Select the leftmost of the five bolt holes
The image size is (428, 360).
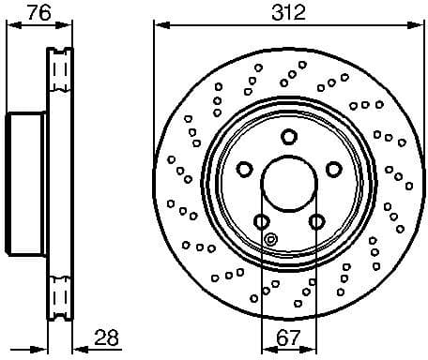pyautogui.click(x=244, y=169)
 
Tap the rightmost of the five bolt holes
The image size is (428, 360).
pyautogui.click(x=331, y=169)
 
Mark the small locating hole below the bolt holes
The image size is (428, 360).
pyautogui.click(x=270, y=238)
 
